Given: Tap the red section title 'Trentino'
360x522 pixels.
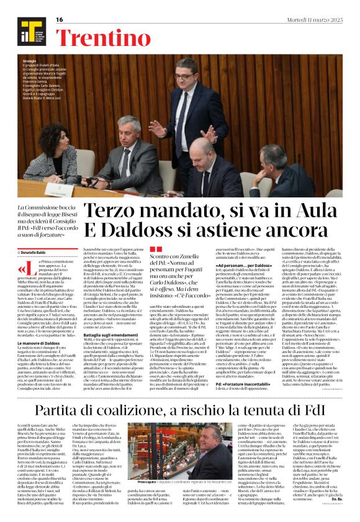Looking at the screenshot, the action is click(96, 37).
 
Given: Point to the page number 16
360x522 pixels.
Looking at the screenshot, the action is click(60, 20).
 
